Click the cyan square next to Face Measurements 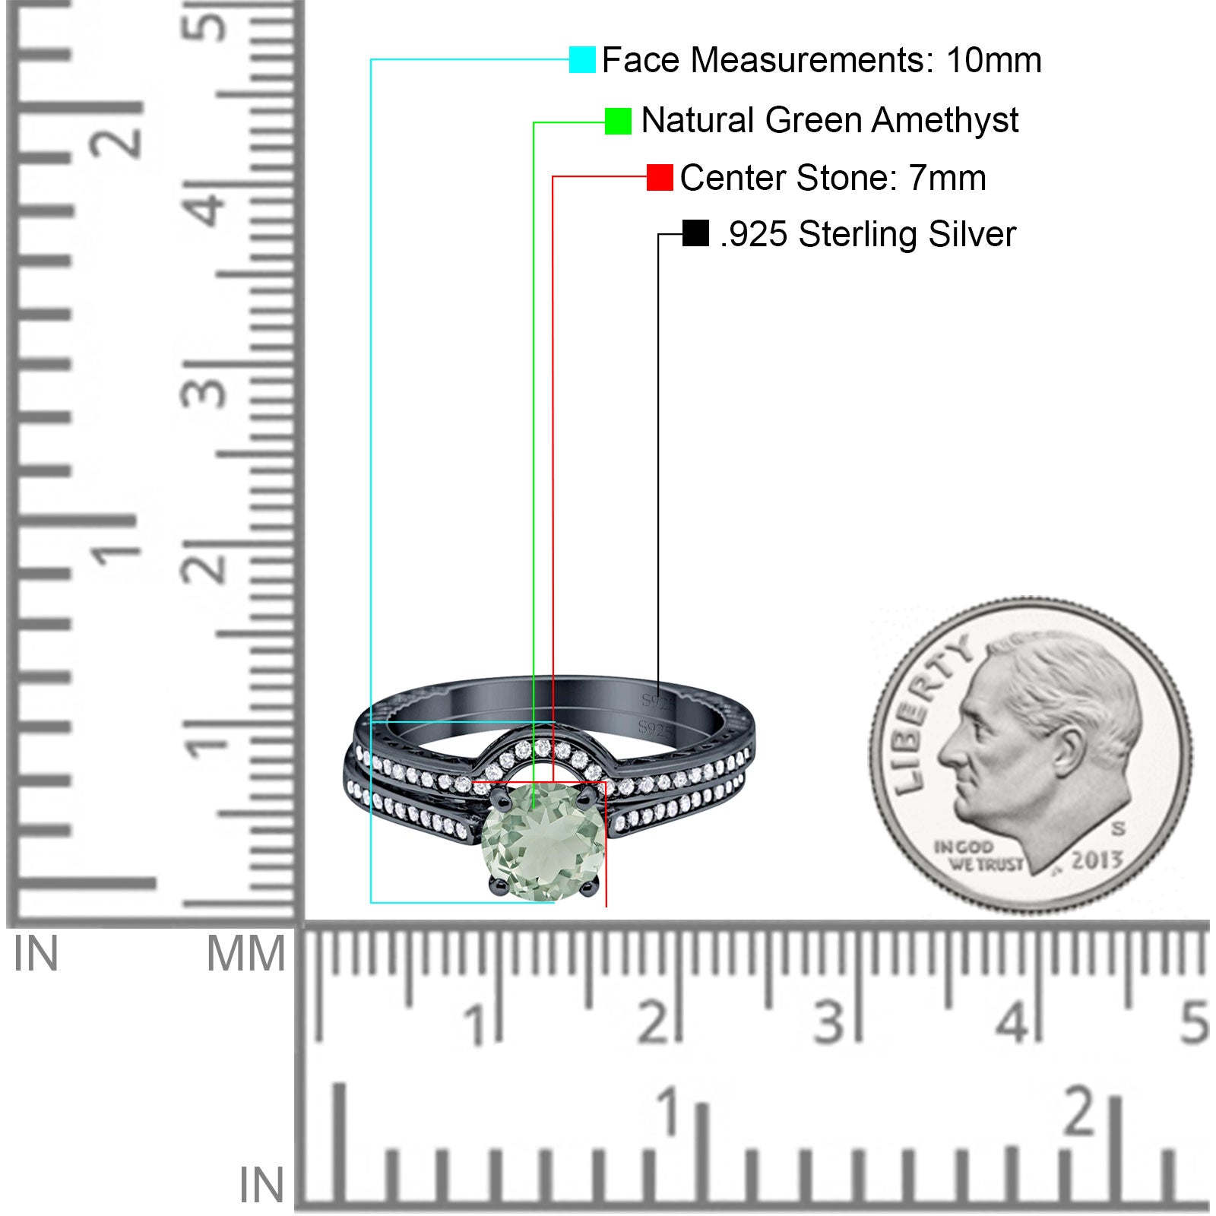(582, 59)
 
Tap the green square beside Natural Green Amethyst (618, 121)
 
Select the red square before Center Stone (660, 177)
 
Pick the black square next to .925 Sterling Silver (695, 233)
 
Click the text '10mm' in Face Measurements (993, 60)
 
